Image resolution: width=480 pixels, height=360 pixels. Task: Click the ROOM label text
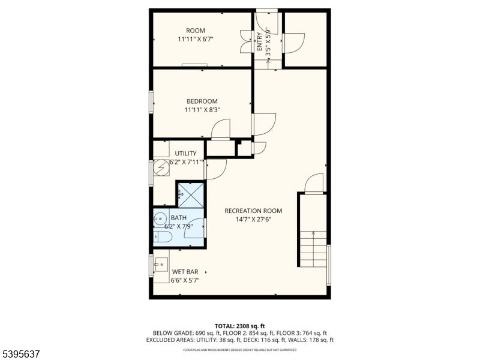coord(196,31)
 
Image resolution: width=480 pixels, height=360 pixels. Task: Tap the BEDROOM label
coord(202,101)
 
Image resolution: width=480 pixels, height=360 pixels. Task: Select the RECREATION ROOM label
coord(253,211)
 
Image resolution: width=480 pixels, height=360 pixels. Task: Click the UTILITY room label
coord(185,154)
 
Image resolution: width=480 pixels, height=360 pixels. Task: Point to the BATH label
coord(178,218)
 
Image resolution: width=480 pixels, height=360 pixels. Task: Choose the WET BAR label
coord(185,272)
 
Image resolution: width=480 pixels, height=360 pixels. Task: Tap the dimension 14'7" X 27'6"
coord(253,220)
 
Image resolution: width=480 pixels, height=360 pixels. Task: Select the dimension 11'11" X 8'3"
coord(202,110)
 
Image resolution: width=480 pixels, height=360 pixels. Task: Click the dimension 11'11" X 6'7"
coord(196,39)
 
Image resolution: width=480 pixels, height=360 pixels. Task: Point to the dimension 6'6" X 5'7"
coord(185,280)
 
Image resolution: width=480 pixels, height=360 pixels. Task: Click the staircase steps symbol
coord(313,248)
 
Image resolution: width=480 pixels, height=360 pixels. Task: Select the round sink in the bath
coord(160,218)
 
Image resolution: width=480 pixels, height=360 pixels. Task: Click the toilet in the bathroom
coord(163,238)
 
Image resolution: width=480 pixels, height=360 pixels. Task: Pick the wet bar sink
coord(161,264)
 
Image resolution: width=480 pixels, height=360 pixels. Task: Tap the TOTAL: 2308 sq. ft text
coord(239,325)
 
